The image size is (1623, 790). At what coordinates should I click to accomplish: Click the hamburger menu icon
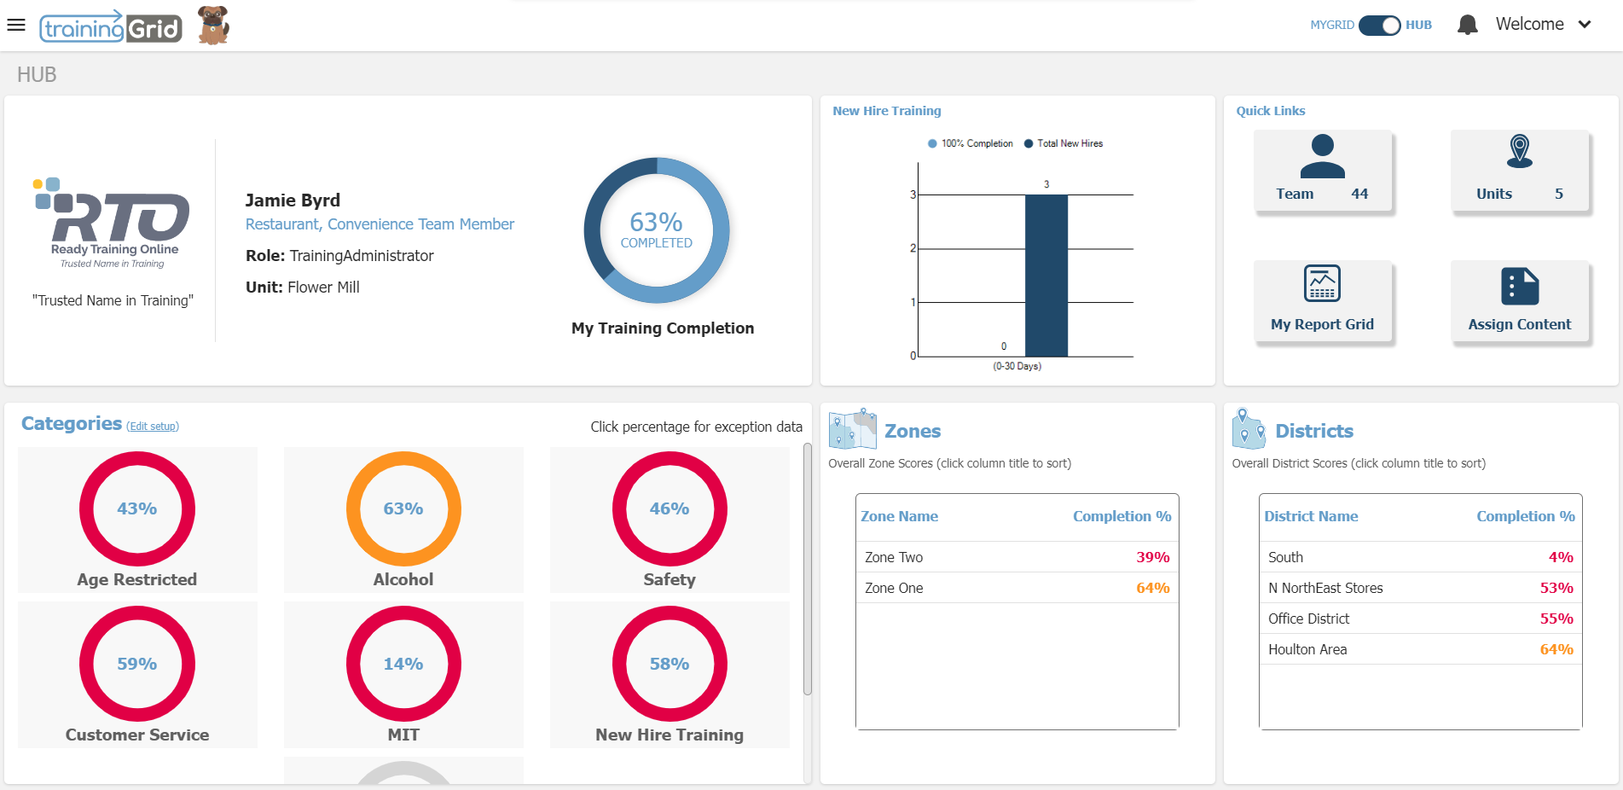(16, 25)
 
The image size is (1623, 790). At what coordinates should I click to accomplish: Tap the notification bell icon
(1467, 25)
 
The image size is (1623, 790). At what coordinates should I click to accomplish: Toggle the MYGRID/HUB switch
(1379, 25)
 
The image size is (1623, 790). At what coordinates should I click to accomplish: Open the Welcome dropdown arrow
(1585, 25)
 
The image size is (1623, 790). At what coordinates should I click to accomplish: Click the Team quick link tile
(1322, 171)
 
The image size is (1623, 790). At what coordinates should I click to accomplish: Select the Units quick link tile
(1519, 171)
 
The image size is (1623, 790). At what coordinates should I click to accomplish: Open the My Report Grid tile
(1322, 301)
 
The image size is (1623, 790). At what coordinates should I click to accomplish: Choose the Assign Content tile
(1519, 301)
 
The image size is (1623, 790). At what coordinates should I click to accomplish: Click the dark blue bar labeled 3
(1046, 275)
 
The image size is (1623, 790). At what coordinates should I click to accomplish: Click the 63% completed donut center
(656, 229)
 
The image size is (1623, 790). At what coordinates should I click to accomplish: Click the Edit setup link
(153, 427)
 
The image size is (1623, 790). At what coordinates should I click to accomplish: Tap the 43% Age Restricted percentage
(136, 508)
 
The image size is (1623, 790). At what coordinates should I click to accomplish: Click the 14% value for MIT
(403, 664)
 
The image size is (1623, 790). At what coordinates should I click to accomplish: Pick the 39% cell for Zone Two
(1152, 557)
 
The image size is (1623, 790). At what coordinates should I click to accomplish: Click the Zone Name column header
(899, 516)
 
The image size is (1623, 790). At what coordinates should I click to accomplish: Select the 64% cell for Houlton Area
(1556, 649)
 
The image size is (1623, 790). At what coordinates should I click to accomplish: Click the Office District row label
(1308, 619)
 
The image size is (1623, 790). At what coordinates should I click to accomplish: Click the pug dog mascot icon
(213, 25)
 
